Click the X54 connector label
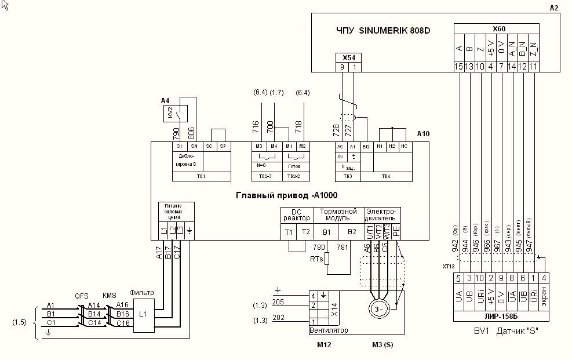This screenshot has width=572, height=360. tap(348, 57)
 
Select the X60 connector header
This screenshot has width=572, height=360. tap(498, 28)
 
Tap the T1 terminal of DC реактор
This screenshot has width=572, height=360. tap(289, 231)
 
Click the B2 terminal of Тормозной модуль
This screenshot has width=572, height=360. tap(351, 231)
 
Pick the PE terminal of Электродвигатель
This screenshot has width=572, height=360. tap(396, 231)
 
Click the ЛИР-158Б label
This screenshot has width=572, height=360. tap(499, 317)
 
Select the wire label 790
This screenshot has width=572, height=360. tap(177, 132)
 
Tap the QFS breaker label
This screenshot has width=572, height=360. tap(82, 294)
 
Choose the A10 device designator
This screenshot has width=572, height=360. tap(423, 134)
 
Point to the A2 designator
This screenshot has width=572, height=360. tap(553, 8)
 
